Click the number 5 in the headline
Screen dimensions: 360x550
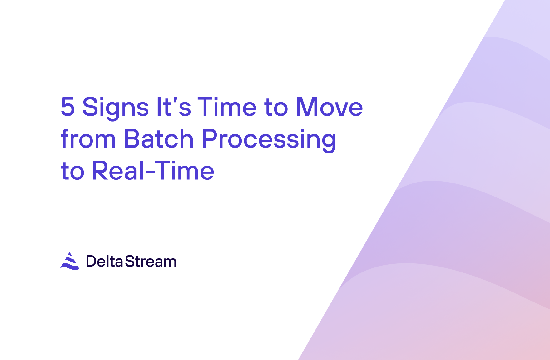[67, 107]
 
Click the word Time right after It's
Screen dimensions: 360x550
[227, 107]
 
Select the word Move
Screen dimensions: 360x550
[329, 107]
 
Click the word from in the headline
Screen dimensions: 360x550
[88, 138]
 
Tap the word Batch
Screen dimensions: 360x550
[159, 138]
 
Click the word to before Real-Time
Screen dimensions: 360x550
[72, 171]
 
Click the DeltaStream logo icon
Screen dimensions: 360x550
[70, 261]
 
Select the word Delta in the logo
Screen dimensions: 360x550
[104, 261]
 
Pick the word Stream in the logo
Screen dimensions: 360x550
[151, 261]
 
